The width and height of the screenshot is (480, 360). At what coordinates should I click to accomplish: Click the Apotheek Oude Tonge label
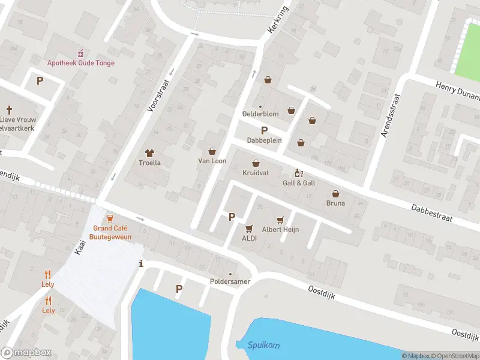tap(81, 63)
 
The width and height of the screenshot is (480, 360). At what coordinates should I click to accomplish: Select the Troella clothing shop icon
tap(150, 152)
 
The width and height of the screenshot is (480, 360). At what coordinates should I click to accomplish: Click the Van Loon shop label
tap(212, 161)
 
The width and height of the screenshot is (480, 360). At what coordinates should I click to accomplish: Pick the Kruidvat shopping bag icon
tap(256, 163)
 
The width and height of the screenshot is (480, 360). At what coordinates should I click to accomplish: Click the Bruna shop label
tap(336, 203)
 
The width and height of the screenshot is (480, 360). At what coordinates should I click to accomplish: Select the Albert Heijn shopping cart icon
tap(279, 220)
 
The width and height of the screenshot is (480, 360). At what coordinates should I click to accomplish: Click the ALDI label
tap(249, 238)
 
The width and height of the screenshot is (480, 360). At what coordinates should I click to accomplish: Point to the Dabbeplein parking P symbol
tap(263, 131)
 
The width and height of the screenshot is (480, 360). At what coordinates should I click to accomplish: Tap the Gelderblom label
tap(260, 113)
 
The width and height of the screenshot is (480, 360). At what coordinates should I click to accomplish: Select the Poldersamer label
tap(230, 281)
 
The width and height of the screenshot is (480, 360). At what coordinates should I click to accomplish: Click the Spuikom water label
tap(263, 346)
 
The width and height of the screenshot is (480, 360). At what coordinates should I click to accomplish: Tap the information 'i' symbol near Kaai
tap(141, 263)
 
